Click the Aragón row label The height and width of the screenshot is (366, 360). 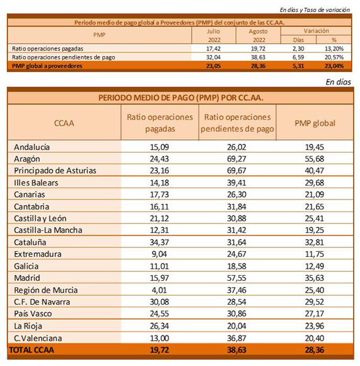[27, 159]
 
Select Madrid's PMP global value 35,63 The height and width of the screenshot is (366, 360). [315, 278]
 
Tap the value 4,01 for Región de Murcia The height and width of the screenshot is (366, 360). [160, 290]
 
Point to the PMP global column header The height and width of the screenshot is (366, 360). [315, 123]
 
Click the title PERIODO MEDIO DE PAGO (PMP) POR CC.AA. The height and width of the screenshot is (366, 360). [181, 98]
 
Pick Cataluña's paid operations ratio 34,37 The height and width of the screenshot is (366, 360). [160, 242]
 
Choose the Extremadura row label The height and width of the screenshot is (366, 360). [38, 254]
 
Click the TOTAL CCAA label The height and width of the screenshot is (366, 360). [32, 350]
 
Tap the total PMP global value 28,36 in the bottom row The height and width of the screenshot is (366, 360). [315, 350]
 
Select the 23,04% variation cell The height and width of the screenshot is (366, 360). [334, 66]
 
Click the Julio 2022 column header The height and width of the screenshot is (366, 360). [214, 35]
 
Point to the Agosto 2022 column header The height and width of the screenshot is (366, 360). [258, 35]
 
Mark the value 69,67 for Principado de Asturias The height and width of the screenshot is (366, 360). [236, 170]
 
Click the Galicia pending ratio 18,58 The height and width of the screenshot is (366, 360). [236, 266]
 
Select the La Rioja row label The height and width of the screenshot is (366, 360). [28, 326]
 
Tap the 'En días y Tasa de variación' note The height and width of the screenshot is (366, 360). [315, 10]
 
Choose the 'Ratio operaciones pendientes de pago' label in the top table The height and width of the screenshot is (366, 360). [64, 57]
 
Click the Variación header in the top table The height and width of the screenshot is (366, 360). [316, 30]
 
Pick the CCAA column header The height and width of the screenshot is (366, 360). [64, 123]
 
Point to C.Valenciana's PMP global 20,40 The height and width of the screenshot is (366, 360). [315, 338]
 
